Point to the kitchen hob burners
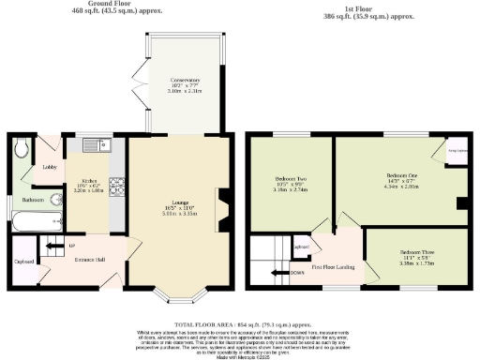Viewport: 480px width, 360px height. tap(118, 184)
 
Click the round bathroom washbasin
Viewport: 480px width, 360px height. tap(56, 223)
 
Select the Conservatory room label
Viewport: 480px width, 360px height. tap(184, 81)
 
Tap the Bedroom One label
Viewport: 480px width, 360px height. tap(400, 174)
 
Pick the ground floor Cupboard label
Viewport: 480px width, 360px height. tap(24, 262)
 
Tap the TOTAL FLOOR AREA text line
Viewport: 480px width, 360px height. tap(239, 313)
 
